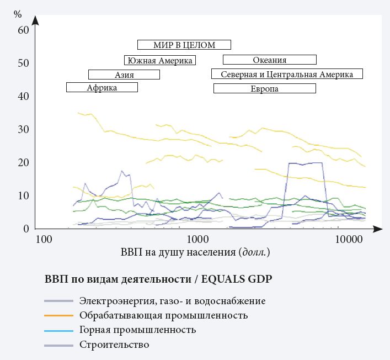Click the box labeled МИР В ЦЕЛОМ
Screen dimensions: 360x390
[184, 45]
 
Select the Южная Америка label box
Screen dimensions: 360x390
[159, 60]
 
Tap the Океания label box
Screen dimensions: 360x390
[269, 60]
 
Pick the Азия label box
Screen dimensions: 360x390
[124, 75]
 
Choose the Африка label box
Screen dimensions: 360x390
[101, 87]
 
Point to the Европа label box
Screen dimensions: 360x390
[264, 88]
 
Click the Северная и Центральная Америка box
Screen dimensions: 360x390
[287, 74]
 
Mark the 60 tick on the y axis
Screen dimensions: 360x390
[23, 30]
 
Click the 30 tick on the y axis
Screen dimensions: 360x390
[23, 129]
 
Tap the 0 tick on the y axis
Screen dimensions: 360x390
[26, 229]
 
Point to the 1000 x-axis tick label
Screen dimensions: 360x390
[197, 240]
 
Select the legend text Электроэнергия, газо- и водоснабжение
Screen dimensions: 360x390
[172, 301]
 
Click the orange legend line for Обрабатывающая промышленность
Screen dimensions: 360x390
[59, 316]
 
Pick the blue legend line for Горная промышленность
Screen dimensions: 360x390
[59, 330]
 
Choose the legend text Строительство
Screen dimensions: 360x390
[114, 345]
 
